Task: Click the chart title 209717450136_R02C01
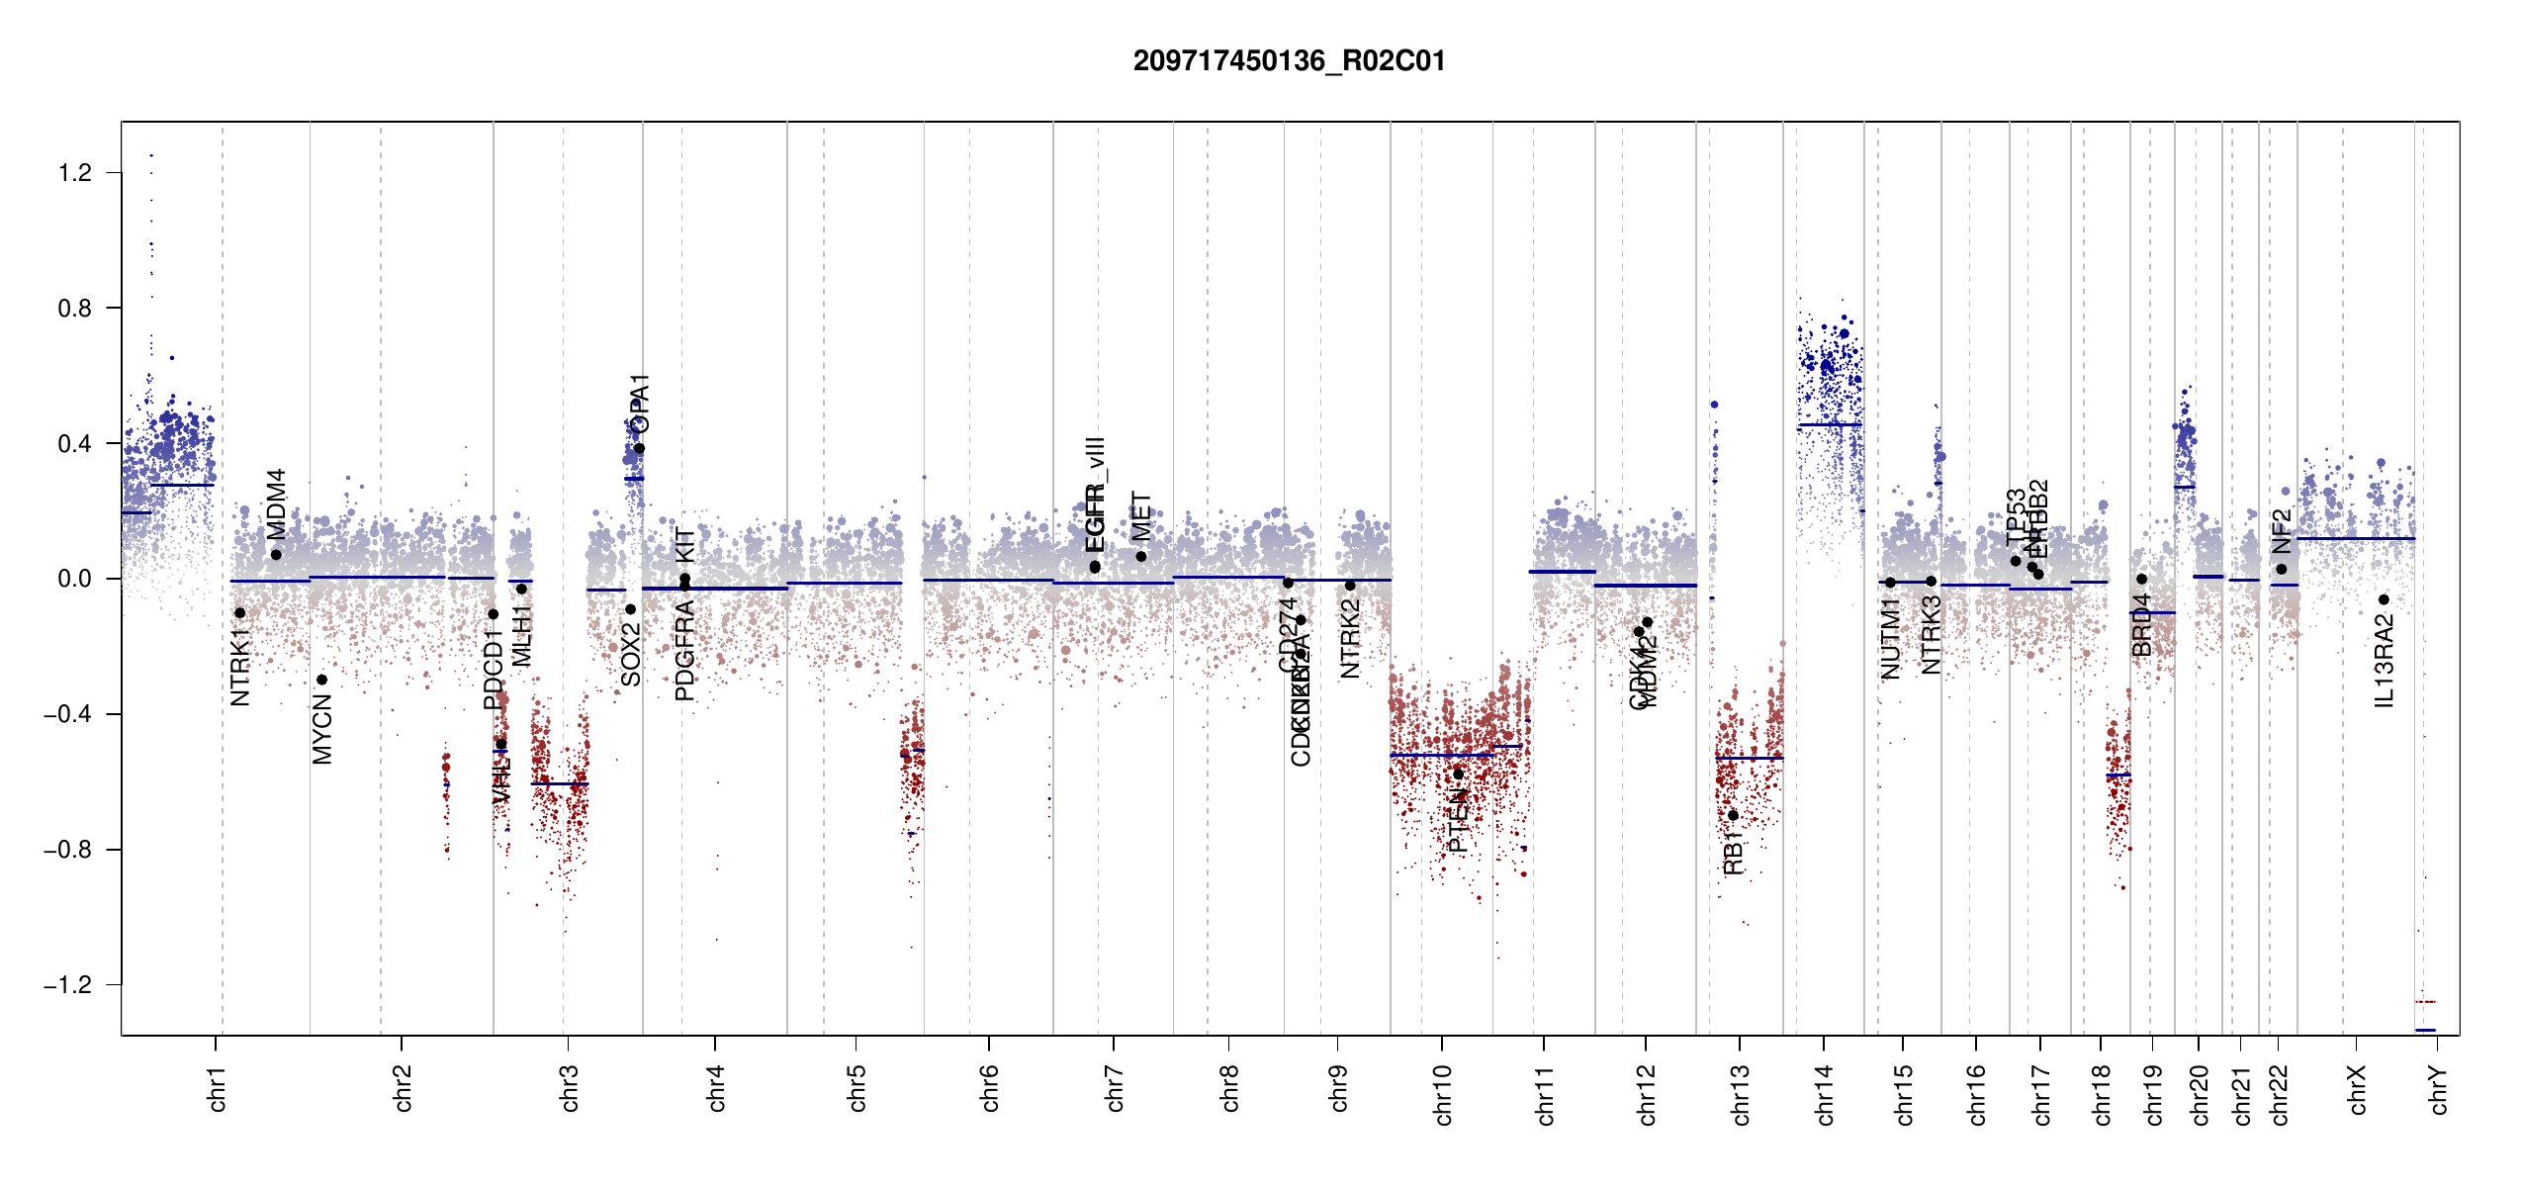[1289, 61]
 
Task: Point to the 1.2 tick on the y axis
[75, 173]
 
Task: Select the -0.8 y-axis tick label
[67, 850]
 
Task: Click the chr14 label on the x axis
[1825, 1094]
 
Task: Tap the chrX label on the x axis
[2358, 1089]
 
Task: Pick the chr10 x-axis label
[1443, 1094]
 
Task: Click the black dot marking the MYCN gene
[321, 680]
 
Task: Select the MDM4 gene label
[276, 503]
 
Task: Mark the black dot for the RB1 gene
[1733, 815]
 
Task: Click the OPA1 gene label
[640, 404]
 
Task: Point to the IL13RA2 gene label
[2385, 661]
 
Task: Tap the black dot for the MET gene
[1141, 557]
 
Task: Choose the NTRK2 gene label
[1350, 639]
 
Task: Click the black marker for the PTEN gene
[1458, 774]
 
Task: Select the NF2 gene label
[2282, 531]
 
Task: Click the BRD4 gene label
[2142, 624]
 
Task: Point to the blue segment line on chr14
[1830, 425]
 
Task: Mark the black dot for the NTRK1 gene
[239, 613]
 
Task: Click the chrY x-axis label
[2439, 1089]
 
